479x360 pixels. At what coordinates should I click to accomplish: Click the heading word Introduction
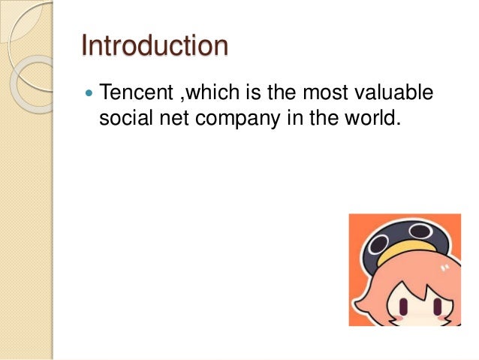point(155,46)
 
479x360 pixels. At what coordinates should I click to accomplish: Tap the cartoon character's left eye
point(404,307)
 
